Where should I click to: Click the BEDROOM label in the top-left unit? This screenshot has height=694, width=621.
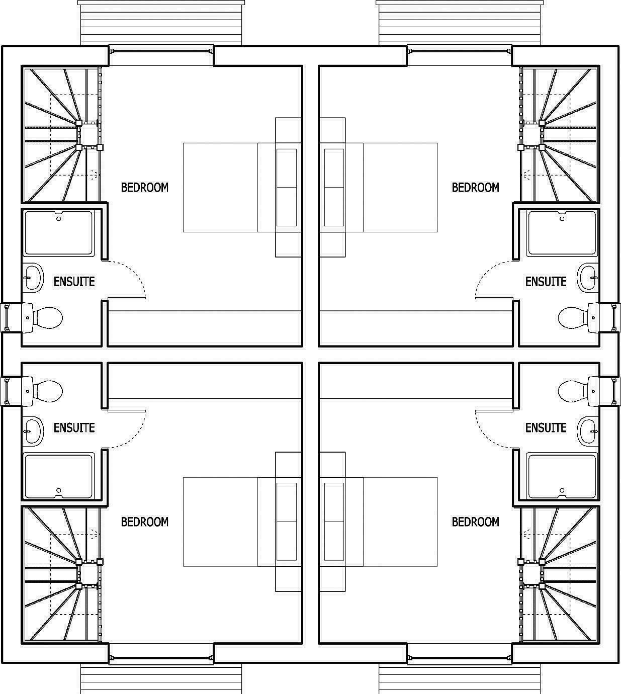(145, 188)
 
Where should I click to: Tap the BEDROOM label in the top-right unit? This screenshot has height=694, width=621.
(475, 188)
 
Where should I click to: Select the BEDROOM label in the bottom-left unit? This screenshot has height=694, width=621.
(145, 522)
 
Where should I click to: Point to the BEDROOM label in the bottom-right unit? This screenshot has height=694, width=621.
(475, 522)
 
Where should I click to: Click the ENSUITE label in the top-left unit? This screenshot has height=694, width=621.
(74, 282)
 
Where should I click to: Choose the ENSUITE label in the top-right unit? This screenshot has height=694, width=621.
(546, 282)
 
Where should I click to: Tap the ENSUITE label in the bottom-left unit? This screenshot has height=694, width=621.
(74, 428)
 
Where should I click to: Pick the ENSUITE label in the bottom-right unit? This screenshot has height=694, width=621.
(546, 428)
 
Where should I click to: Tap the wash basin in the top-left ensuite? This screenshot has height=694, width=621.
(33, 277)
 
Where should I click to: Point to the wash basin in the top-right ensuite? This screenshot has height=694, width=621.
(587, 277)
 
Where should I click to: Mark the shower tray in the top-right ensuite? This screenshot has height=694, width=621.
(562, 233)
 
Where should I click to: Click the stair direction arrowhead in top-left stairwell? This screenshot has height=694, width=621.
(95, 175)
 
